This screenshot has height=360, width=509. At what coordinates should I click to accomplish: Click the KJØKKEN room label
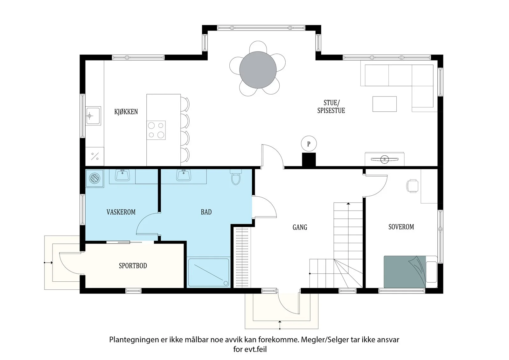126,112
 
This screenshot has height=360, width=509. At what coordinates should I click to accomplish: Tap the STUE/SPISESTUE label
331,106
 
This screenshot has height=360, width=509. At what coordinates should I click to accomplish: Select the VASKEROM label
121,212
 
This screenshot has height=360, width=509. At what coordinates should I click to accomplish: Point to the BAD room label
206,212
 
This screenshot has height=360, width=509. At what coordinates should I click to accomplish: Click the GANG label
300,227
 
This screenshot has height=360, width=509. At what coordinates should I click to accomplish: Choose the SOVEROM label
401,227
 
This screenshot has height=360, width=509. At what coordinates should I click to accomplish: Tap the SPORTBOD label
133,265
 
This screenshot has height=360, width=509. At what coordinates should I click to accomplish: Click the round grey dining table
258,70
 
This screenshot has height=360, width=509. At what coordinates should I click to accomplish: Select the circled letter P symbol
309,144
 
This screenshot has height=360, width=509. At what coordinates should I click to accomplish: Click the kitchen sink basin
93,116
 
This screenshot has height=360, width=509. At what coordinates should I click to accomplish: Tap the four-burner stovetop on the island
156,130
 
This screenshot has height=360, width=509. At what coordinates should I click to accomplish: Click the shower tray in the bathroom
209,272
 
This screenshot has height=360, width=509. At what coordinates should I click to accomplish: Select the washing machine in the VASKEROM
94,178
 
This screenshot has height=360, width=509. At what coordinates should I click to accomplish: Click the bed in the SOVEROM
410,272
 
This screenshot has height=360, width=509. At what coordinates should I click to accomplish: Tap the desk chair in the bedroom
412,186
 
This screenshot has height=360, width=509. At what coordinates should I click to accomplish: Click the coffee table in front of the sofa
385,104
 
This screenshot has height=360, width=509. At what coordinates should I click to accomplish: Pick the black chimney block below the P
309,160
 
